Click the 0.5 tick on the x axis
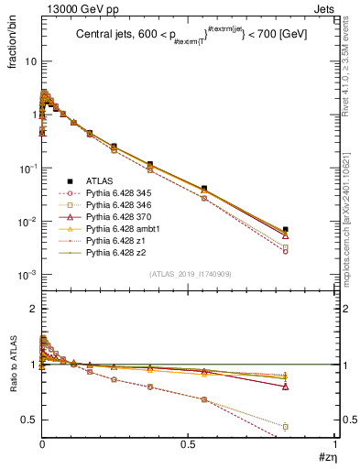point(189,444)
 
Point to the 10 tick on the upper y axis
point(30,61)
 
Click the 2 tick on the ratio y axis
point(31,309)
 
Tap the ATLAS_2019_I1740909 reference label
point(189,274)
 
